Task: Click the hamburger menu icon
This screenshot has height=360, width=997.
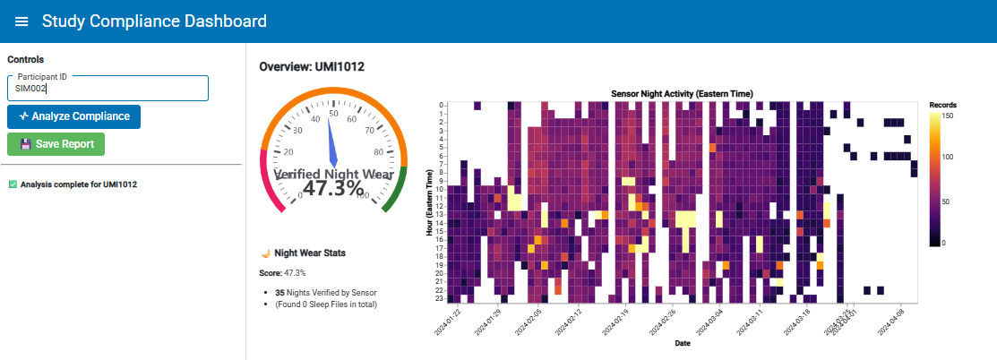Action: (x=21, y=21)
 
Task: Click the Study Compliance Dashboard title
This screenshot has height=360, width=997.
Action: (x=154, y=21)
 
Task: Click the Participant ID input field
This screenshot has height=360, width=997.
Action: (x=107, y=89)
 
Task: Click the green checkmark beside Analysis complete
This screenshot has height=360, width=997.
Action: (x=13, y=184)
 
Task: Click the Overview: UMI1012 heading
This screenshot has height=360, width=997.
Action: (x=311, y=66)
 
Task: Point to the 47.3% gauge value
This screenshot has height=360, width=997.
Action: (x=333, y=188)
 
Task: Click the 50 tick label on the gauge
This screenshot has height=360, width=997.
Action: (x=333, y=113)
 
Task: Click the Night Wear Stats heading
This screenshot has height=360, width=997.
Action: (x=310, y=253)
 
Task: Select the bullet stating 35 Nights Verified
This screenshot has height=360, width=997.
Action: (x=325, y=292)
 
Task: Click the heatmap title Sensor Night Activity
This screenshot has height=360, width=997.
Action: (x=682, y=93)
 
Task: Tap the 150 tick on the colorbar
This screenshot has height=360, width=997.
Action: (x=947, y=116)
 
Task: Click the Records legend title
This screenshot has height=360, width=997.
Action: (x=942, y=105)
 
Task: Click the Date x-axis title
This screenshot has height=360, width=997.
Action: (x=682, y=343)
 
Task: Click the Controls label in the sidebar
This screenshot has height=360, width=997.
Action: (x=25, y=60)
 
